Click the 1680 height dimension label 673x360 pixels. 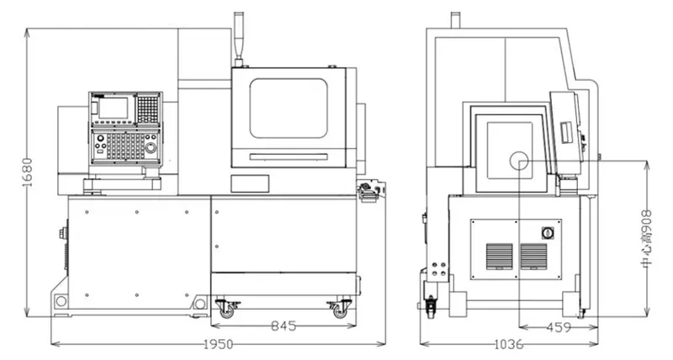[27, 172]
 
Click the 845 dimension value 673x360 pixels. [284, 326]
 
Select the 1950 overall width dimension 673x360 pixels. [218, 344]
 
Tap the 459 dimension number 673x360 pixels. [559, 328]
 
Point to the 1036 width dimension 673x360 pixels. [509, 344]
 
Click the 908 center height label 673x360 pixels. [646, 239]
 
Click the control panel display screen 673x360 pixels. [114, 108]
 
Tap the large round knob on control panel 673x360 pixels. [151, 147]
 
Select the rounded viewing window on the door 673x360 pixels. [289, 109]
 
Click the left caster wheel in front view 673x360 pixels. [225, 310]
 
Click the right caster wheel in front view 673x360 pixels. [341, 310]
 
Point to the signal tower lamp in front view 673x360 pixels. [239, 40]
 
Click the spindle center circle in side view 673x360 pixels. [519, 161]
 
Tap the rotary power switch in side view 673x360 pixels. [548, 233]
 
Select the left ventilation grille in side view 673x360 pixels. [499, 257]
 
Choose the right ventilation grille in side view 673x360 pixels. [533, 257]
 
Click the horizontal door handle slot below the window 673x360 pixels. [289, 157]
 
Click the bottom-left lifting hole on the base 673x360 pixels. [61, 301]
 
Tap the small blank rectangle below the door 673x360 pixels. [250, 183]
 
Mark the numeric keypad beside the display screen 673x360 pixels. [148, 109]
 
